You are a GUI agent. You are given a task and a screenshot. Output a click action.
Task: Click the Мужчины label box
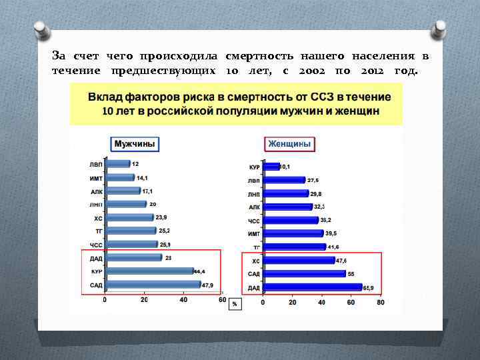point(135,144)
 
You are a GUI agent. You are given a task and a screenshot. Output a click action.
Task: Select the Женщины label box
point(289,144)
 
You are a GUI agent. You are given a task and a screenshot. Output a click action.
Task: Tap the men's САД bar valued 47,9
point(153,285)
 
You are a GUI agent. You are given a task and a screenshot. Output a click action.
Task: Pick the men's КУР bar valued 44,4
point(148,271)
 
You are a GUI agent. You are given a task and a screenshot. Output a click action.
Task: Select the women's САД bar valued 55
point(304,273)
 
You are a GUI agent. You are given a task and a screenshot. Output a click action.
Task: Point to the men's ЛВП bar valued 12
point(117,163)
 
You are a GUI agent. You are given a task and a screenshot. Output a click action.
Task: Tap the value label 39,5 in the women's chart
point(331,233)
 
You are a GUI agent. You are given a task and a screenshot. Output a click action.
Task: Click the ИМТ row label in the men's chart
point(96,178)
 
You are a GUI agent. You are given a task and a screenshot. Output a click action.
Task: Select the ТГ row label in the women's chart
point(255,247)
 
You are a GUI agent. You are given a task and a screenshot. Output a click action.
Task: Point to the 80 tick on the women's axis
point(381,302)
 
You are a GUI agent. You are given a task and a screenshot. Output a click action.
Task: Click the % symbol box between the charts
point(235,304)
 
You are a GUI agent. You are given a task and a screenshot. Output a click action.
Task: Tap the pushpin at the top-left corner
point(41,28)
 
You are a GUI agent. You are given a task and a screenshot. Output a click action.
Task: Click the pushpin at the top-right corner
point(439,28)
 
